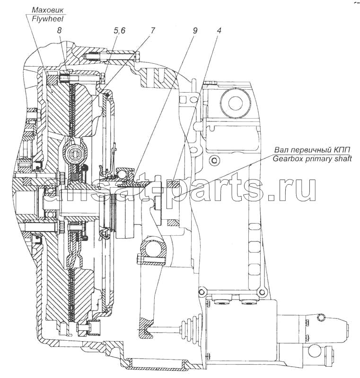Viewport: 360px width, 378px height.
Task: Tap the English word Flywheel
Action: pyautogui.click(x=46, y=18)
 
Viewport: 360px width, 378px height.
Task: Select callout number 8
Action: pyautogui.click(x=59, y=30)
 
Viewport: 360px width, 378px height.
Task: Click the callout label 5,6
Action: pyautogui.click(x=119, y=31)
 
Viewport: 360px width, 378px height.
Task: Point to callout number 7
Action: pyautogui.click(x=152, y=30)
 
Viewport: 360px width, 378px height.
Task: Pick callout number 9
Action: pyautogui.click(x=195, y=30)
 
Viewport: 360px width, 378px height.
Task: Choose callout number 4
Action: pyautogui.click(x=219, y=30)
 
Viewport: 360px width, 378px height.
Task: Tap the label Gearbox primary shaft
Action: pyautogui.click(x=312, y=159)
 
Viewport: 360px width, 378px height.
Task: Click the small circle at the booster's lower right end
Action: pyautogui.click(x=313, y=350)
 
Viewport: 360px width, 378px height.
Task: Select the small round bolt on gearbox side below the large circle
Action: pyautogui.click(x=213, y=160)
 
